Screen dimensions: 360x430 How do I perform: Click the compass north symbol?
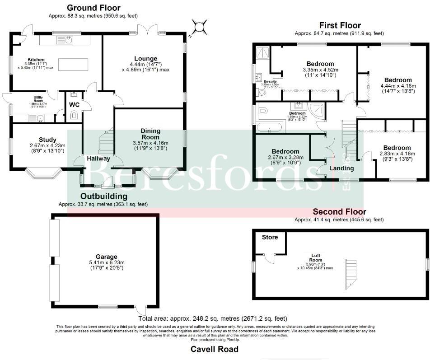point(200,26)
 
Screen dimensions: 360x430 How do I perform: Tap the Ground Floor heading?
point(93,8)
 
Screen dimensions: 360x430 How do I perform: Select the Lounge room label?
point(145,58)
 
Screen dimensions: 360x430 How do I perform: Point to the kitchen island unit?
point(69,65)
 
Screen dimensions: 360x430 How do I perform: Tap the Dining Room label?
point(150,134)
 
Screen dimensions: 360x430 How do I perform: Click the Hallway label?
point(98,159)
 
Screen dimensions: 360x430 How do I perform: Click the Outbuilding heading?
point(104,196)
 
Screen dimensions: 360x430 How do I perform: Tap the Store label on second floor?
point(270,237)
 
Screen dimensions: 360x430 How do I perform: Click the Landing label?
point(342,168)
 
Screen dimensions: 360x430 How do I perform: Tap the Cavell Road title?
point(214,349)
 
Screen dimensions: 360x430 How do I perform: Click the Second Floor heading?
point(339,211)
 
